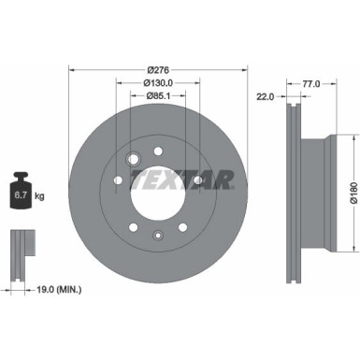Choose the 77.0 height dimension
pyautogui.click(x=312, y=83)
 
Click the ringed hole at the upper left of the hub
pyautogui.click(x=133, y=157)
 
